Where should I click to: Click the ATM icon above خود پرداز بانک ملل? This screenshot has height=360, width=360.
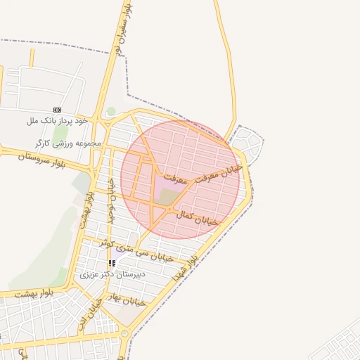tap(57, 110)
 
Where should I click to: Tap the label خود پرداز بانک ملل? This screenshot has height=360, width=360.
tap(57, 121)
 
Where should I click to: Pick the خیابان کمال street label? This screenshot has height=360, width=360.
tap(199, 217)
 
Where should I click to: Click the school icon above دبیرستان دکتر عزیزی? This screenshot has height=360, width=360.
tap(112, 263)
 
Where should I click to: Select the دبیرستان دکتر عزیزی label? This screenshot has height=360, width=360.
tap(113, 274)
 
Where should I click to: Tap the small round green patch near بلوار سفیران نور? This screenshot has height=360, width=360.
tap(111, 111)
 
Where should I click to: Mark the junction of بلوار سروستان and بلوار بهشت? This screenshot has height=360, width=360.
tap(94, 169)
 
